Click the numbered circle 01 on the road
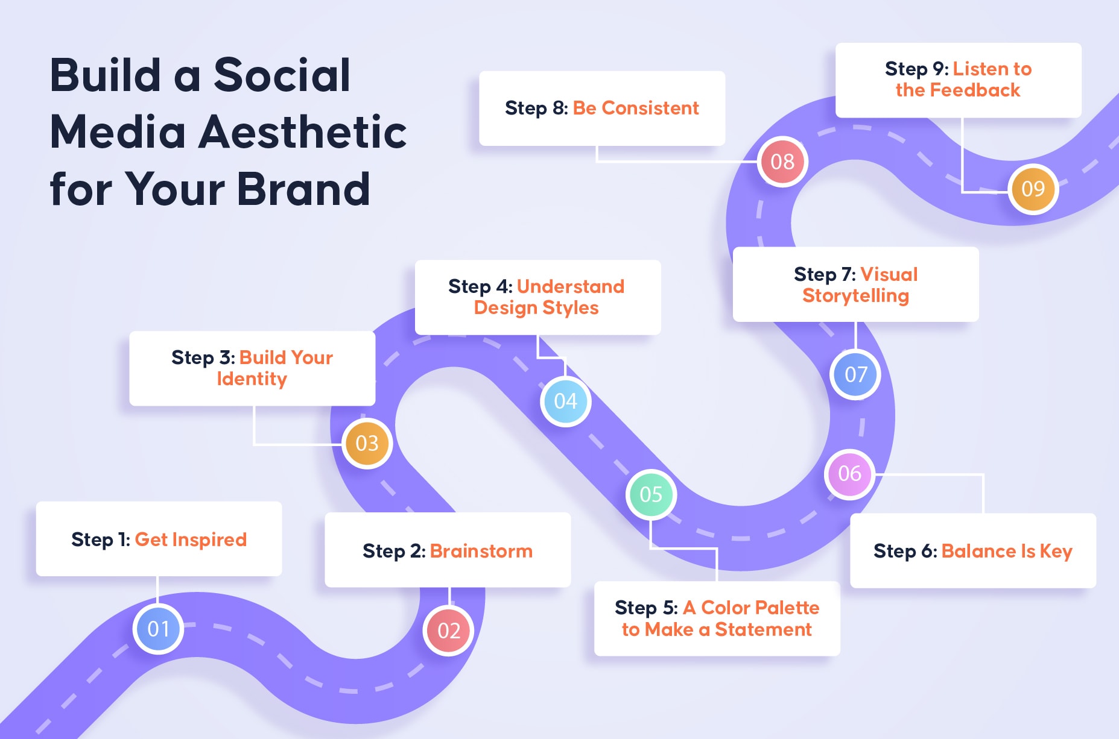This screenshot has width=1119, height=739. click(x=158, y=629)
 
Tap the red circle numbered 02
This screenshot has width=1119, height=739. click(x=449, y=631)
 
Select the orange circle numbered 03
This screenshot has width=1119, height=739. click(x=367, y=443)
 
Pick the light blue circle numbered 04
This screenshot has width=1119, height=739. click(x=565, y=401)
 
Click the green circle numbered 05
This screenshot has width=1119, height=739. click(x=651, y=494)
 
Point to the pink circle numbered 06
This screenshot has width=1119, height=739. click(x=849, y=474)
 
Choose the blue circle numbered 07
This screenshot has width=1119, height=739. click(x=855, y=374)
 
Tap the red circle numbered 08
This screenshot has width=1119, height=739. click(x=782, y=162)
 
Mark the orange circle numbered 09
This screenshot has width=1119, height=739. click(x=1033, y=189)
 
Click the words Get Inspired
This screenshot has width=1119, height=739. click(x=191, y=539)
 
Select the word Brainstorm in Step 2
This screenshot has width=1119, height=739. click(x=481, y=551)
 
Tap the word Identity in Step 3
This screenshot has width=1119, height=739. click(x=252, y=379)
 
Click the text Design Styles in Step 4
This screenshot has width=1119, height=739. click(x=536, y=308)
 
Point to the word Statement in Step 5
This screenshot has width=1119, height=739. click(x=763, y=629)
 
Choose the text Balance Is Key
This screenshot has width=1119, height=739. click(x=1007, y=552)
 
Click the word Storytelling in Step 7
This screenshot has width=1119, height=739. click(x=855, y=296)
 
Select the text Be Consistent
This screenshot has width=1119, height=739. click(x=636, y=108)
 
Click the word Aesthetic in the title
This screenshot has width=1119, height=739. click(x=303, y=131)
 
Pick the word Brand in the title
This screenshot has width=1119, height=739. click(x=303, y=189)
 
